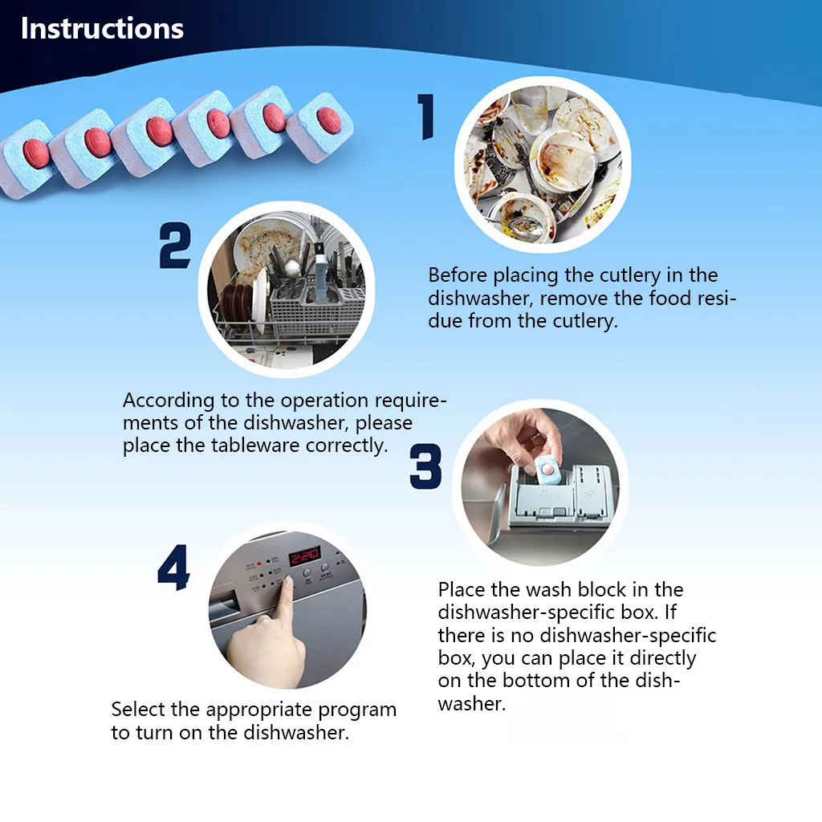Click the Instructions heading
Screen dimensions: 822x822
click(102, 28)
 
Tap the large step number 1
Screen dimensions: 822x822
click(427, 116)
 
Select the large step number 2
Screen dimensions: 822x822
click(175, 246)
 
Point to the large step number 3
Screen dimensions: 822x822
click(425, 466)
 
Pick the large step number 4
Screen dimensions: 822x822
click(173, 568)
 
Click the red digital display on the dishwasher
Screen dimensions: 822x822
click(304, 555)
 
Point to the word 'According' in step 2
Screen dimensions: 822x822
click(169, 401)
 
